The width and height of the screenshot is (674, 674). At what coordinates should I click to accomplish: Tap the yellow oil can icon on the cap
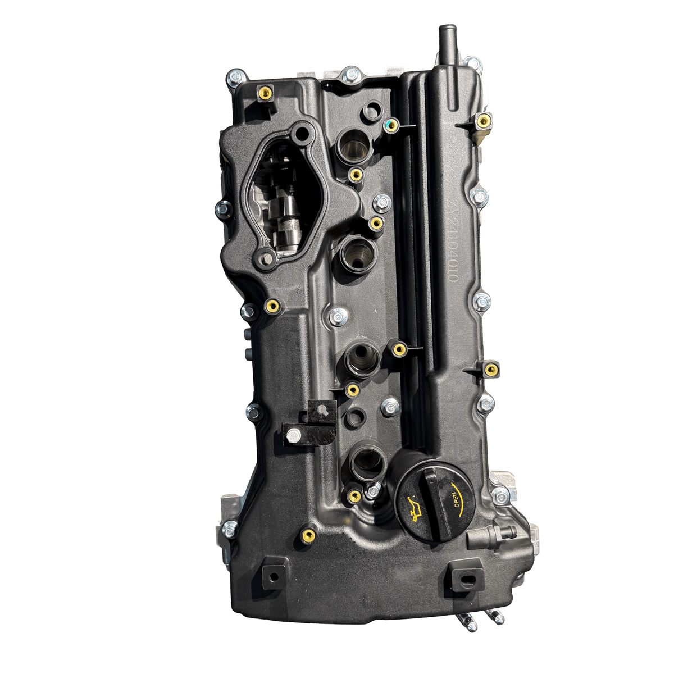coord(413,509)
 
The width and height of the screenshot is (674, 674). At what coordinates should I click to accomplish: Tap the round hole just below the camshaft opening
coord(267,259)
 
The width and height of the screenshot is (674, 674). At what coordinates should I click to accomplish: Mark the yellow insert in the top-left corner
coord(263,93)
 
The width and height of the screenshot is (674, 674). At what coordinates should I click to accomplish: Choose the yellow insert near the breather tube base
coord(482,120)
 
